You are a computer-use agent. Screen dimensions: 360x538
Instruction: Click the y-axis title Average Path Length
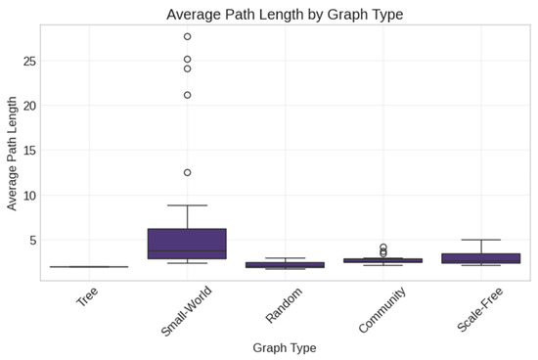(x=13, y=153)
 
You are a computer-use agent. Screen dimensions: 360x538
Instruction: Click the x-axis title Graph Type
(x=284, y=347)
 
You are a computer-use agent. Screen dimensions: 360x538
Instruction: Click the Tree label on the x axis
(x=88, y=297)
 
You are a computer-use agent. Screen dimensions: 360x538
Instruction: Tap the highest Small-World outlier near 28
(x=187, y=36)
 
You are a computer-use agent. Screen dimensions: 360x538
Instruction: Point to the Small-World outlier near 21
(x=187, y=95)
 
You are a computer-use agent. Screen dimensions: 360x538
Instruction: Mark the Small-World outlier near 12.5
(x=187, y=172)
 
